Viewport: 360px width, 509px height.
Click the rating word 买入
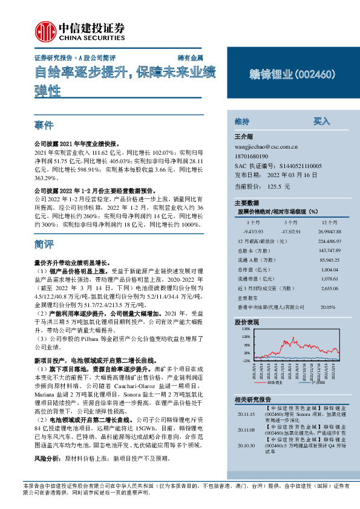[321, 122]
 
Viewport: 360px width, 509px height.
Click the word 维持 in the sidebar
[242, 122]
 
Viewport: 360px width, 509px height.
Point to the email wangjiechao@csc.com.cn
[266, 146]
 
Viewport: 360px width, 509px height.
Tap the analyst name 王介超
[243, 137]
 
